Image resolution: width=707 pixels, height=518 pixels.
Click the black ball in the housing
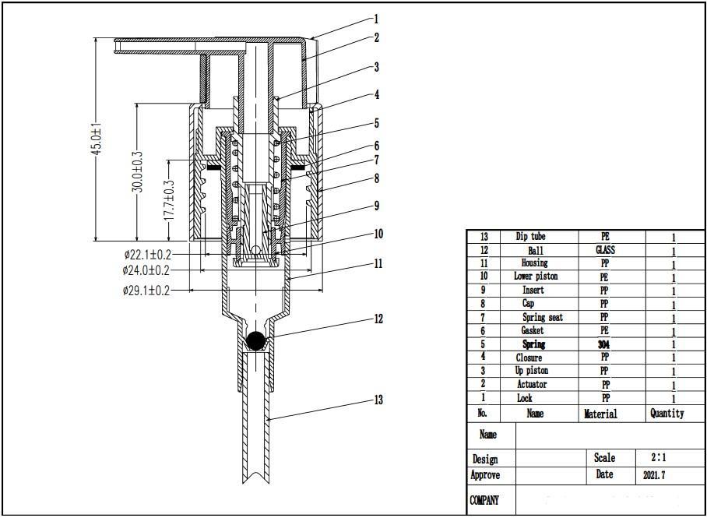tap(255, 340)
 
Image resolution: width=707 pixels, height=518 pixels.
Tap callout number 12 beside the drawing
tap(378, 319)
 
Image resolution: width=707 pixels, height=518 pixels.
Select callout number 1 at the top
tap(376, 19)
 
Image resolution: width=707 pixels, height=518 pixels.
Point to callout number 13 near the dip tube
tap(378, 400)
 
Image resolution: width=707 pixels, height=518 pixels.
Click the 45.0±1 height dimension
tap(97, 140)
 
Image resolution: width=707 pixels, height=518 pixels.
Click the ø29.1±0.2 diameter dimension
tap(146, 291)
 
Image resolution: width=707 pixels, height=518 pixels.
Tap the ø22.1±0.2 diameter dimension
tap(146, 254)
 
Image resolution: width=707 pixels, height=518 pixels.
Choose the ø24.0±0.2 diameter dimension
tap(146, 270)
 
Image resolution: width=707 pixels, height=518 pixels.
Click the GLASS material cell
tap(605, 250)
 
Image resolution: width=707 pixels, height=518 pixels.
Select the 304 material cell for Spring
tap(603, 344)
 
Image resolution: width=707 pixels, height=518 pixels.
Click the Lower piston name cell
tap(535, 277)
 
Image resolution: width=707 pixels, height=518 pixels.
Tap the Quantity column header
tap(667, 414)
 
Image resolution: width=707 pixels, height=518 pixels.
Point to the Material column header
tap(600, 414)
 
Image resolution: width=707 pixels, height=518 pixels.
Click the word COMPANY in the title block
tap(484, 500)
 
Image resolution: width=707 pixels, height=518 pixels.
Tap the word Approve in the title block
tap(485, 475)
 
